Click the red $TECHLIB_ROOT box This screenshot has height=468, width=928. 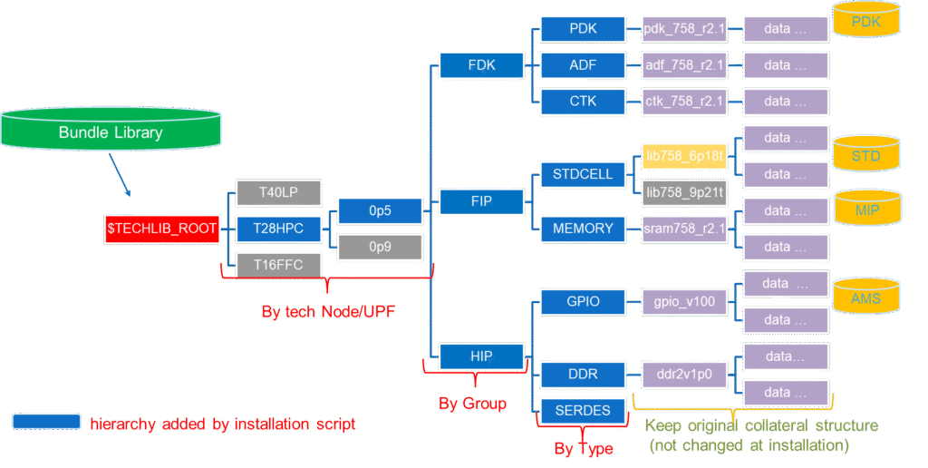tap(162, 229)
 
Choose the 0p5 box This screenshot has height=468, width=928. tap(379, 211)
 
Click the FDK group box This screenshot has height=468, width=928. tap(480, 65)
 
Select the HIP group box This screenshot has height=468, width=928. tap(480, 356)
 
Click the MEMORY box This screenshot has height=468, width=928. tap(583, 229)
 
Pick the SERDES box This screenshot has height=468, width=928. tap(583, 411)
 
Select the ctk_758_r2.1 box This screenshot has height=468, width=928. tap(684, 102)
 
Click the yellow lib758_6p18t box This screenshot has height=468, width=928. tap(684, 156)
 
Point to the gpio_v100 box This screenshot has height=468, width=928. tap(684, 302)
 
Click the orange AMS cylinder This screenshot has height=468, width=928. tap(866, 295)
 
